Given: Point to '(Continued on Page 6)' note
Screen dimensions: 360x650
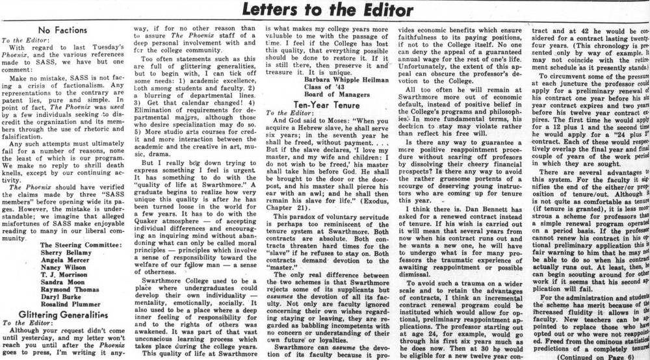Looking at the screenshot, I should click(x=589, y=356).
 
